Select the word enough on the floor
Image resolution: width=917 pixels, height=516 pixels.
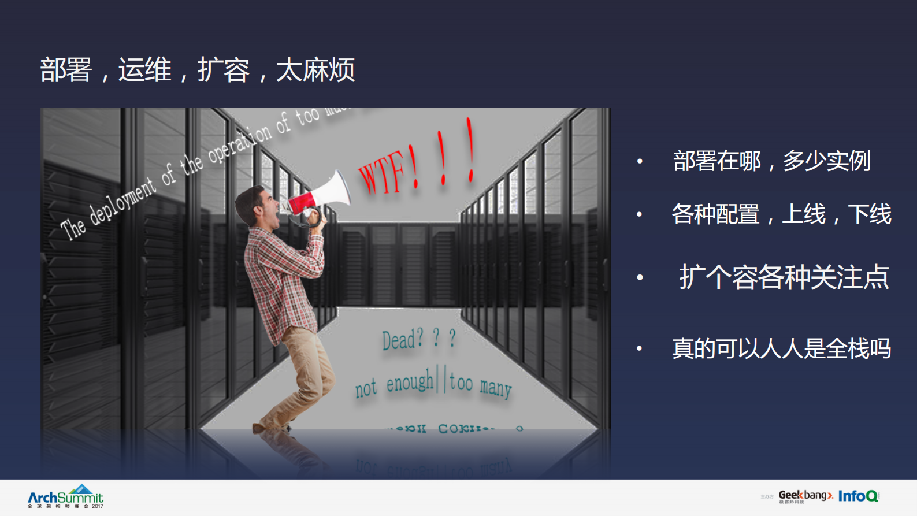(x=410, y=382)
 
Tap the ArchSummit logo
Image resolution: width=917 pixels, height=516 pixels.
(x=66, y=496)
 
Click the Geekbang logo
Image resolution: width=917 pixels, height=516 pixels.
(x=805, y=496)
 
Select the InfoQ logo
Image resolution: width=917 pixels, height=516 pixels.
(x=859, y=496)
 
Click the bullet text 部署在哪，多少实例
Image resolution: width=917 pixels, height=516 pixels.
(x=771, y=161)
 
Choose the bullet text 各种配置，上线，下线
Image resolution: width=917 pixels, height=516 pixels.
(x=781, y=214)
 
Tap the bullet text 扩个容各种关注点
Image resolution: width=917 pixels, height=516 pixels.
(x=784, y=277)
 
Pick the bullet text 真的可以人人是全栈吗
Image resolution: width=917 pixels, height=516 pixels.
(x=781, y=348)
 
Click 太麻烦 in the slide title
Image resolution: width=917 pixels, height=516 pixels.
(x=315, y=70)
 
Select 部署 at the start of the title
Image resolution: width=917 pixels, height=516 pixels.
(x=66, y=70)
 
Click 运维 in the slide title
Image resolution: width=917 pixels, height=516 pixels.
(x=145, y=70)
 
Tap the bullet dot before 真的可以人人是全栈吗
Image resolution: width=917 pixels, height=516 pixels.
(x=639, y=348)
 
